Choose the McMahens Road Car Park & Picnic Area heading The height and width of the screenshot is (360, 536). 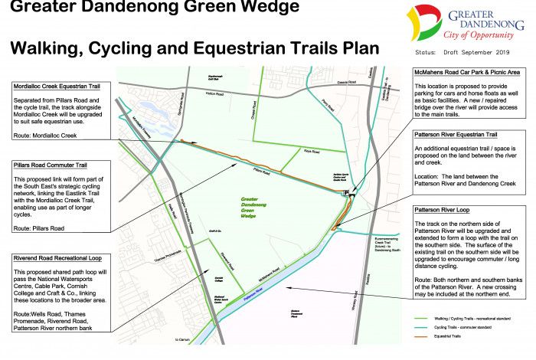467,71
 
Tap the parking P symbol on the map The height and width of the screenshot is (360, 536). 347,192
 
